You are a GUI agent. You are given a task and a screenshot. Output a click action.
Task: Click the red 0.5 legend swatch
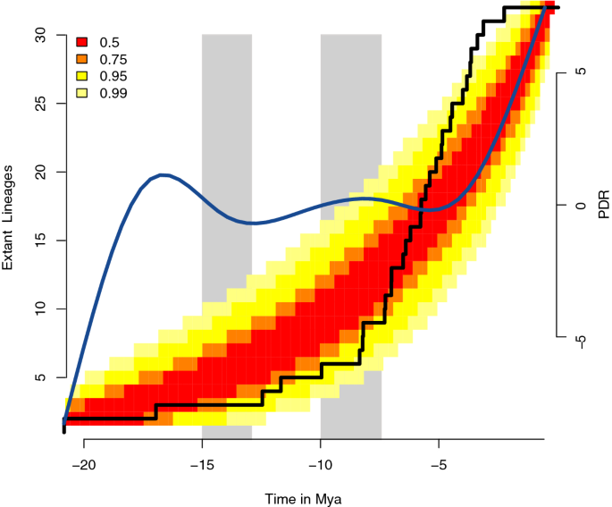pyautogui.click(x=82, y=41)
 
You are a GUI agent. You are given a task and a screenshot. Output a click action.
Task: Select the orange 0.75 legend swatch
pyautogui.click(x=82, y=58)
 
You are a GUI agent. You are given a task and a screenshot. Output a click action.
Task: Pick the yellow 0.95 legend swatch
pyautogui.click(x=82, y=75)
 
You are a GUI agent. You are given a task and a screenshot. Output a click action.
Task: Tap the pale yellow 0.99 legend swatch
pyautogui.click(x=82, y=92)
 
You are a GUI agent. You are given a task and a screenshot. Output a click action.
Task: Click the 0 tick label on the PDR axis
pyautogui.click(x=579, y=205)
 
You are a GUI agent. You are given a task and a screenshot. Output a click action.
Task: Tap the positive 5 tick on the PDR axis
pyautogui.click(x=579, y=72)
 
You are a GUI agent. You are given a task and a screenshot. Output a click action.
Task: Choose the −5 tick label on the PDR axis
pyautogui.click(x=579, y=340)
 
